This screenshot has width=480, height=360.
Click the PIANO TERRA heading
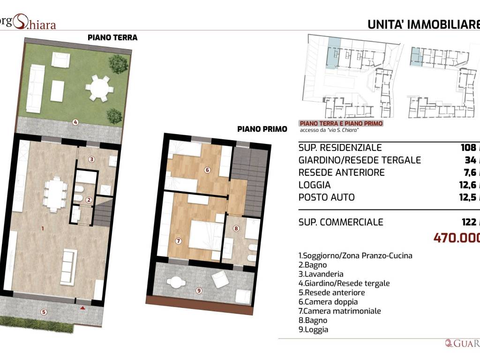[x=112, y=37]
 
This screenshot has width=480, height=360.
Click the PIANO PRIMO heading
[x=262, y=128]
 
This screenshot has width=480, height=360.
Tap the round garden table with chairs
[x=99, y=88]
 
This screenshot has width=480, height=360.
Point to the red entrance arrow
[x=83, y=308]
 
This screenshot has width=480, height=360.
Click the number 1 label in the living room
[x=43, y=229]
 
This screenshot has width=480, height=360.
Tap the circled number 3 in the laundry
[x=92, y=159]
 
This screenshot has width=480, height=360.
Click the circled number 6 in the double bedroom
[x=207, y=170]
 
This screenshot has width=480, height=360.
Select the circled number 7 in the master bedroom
[x=178, y=241]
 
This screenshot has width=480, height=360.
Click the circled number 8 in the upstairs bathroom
[x=236, y=229]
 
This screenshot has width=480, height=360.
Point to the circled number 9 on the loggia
[x=199, y=291]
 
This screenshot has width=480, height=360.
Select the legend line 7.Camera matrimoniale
[x=340, y=311]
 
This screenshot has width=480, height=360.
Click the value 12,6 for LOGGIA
[x=469, y=185]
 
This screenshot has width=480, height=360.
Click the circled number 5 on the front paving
[x=44, y=312]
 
